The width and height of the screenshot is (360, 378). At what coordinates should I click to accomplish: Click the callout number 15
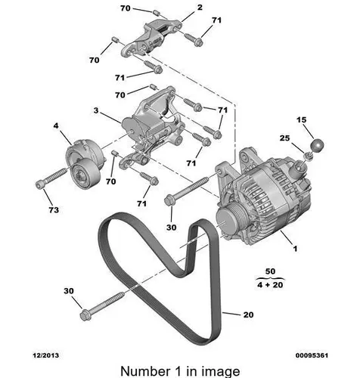coord(301,119)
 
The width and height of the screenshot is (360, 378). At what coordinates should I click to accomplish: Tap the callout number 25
coord(284,138)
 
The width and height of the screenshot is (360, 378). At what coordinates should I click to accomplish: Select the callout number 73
coord(54,209)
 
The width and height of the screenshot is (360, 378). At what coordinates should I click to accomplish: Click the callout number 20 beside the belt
coord(248,314)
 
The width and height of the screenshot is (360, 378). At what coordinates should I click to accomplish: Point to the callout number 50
coord(270,271)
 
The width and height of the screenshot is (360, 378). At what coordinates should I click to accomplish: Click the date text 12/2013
coord(46,355)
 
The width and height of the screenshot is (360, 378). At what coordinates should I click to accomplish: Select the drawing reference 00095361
coord(312,355)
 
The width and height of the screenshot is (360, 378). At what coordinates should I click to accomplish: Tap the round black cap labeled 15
coord(317,146)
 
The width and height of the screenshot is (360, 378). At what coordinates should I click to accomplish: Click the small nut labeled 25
coord(308,156)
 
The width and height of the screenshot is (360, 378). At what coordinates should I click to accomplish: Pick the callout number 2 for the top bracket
coord(200,8)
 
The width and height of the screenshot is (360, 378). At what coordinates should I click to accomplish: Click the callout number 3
coord(96,110)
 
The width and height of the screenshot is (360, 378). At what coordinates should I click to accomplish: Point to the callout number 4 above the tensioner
coord(56,125)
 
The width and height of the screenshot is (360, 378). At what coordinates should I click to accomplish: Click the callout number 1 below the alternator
coord(295,249)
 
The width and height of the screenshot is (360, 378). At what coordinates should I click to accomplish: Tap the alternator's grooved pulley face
coord(225,221)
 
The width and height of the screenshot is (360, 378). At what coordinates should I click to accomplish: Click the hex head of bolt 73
coord(39,184)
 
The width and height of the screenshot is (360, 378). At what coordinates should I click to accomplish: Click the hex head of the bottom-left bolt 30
coord(85,315)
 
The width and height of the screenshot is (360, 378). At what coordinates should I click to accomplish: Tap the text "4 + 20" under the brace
coord(270,285)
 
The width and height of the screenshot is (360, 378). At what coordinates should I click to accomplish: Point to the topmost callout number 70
coord(126,8)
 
